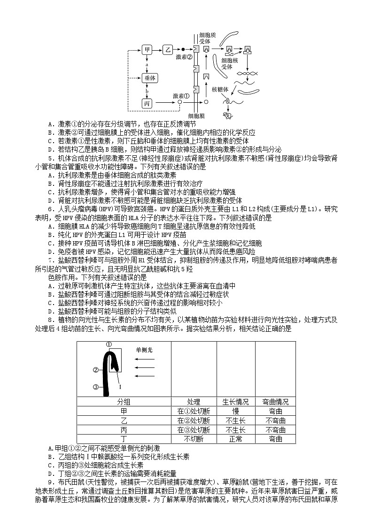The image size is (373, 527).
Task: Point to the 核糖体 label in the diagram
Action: (220, 89)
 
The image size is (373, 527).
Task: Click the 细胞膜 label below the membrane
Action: (196, 115)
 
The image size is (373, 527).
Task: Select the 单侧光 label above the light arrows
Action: (144, 350)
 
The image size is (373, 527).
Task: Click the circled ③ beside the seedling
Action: (96, 387)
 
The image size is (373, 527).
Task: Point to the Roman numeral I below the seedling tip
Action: (120, 387)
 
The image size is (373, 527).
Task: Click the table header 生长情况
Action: (235, 402)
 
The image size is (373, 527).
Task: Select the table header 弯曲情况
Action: (275, 402)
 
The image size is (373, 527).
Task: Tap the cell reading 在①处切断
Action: (194, 411)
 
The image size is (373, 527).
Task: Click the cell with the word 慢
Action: (235, 411)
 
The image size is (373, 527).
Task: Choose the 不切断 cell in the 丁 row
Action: (194, 439)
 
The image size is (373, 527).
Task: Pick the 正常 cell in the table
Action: (235, 439)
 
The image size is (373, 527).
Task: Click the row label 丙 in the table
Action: (124, 430)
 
